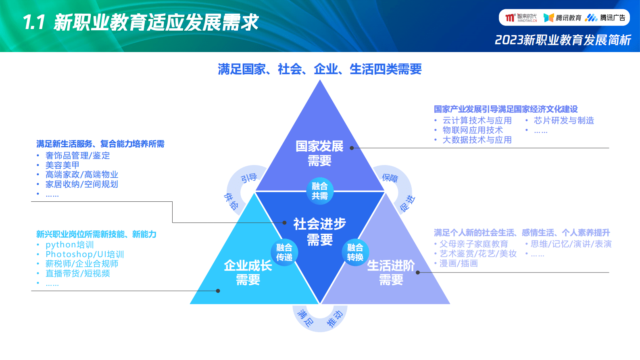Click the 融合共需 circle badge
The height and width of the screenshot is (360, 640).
(x=319, y=190)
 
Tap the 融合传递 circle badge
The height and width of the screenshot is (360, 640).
(x=284, y=252)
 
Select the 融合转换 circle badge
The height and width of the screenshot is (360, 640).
(x=355, y=252)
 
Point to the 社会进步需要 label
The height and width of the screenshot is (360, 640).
(x=319, y=231)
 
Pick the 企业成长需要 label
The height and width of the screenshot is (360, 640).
(x=248, y=272)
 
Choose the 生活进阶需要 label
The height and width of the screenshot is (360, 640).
(x=390, y=272)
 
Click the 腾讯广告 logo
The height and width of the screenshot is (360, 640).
(x=606, y=18)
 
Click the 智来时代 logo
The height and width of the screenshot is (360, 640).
(x=521, y=18)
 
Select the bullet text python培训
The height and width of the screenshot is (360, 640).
(x=69, y=245)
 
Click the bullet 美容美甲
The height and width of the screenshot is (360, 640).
(x=62, y=165)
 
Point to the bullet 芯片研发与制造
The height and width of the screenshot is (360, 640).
(x=564, y=120)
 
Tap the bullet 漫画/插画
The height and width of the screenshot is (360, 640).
(x=459, y=264)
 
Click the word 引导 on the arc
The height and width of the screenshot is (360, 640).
(x=249, y=178)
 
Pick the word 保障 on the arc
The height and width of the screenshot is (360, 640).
(x=390, y=178)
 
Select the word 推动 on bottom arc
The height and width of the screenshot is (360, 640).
(x=334, y=319)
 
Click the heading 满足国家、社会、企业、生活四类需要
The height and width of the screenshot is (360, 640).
(x=319, y=69)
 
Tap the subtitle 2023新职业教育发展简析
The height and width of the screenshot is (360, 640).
(x=563, y=40)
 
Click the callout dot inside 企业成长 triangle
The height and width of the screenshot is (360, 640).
(x=218, y=291)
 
